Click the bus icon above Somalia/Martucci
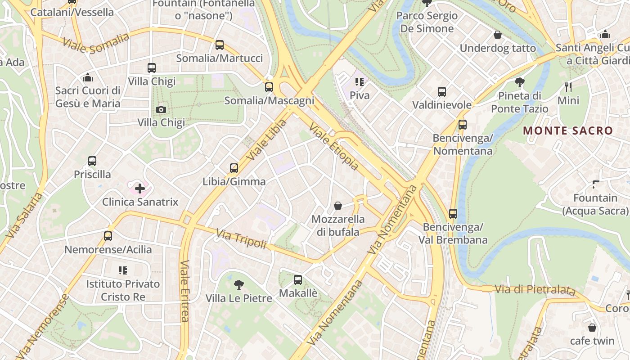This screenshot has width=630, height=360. pos(220,45)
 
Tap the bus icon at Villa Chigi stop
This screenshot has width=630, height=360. pos(152,68)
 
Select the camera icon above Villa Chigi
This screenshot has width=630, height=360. pos(161,109)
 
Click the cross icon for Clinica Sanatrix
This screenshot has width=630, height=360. pos(140,188)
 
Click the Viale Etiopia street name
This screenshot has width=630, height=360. pos(334,147)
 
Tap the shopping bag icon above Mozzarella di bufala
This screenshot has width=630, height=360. pos(338,206)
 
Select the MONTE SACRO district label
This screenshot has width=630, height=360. pos(568,131)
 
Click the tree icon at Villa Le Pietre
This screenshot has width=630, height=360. pos(239,284)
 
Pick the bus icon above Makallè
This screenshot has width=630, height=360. pos(298,280)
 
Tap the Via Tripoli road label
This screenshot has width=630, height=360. pos(241,238)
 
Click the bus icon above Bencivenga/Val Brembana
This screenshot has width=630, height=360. pos(453,213)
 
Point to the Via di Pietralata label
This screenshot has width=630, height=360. pos(535,290)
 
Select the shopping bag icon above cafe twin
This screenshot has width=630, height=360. pos(592,328)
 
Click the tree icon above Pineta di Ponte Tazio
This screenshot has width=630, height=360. pos(520,82)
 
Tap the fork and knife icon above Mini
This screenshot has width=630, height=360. pos(568,87)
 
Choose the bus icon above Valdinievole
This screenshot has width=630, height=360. pos(442,92)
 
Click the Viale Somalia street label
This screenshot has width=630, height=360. pos(96,43)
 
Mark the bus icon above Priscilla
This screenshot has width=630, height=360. pos(92,161)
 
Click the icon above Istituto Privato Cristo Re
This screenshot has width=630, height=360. pos(123,270)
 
